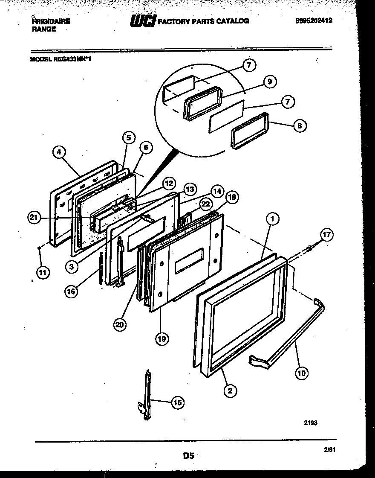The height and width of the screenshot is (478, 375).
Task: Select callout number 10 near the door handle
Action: pyautogui.click(x=302, y=373)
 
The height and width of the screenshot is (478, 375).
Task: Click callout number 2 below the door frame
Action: pyautogui.click(x=230, y=390)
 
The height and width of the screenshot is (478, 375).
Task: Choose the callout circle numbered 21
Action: pyautogui.click(x=35, y=218)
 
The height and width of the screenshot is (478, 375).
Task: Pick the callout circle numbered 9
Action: pyautogui.click(x=269, y=82)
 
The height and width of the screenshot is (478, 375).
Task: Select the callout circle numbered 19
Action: pyautogui.click(x=161, y=339)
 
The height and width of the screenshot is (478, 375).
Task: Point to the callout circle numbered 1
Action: pyautogui.click(x=272, y=219)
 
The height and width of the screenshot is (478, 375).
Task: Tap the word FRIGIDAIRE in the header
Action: pyautogui.click(x=51, y=21)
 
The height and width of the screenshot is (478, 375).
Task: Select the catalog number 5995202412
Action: pyautogui.click(x=314, y=20)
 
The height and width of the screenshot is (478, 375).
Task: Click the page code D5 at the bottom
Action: pyautogui.click(x=188, y=455)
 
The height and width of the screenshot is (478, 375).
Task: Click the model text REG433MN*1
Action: pyautogui.click(x=72, y=60)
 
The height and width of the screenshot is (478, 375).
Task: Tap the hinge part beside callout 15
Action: pyautogui.click(x=146, y=395)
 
